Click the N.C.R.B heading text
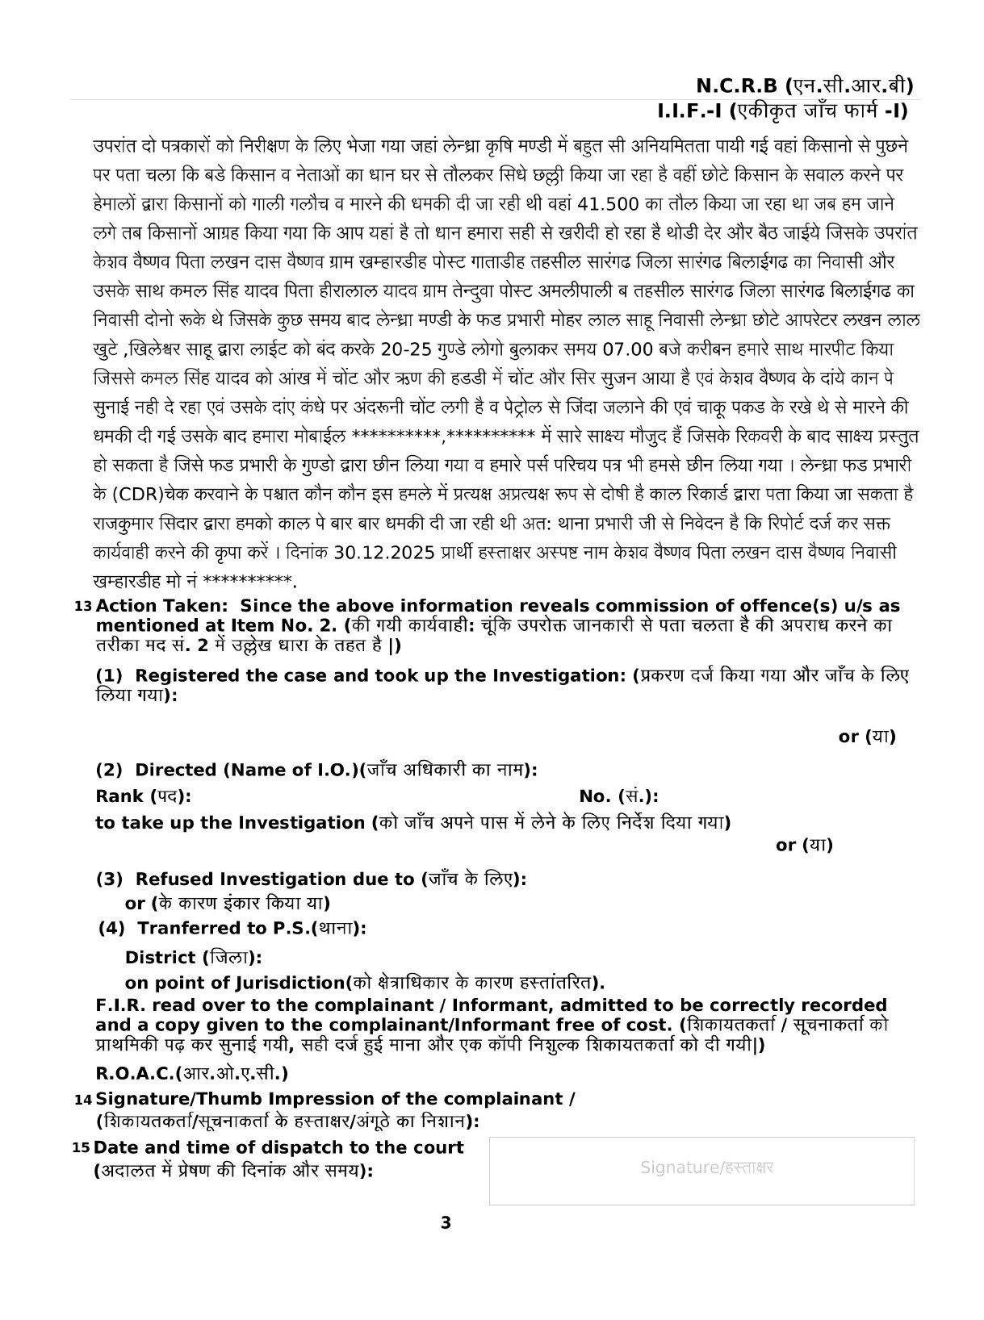[x=736, y=86]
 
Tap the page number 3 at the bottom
[x=446, y=1222]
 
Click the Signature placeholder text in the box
[x=706, y=1168]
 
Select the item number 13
[x=82, y=607]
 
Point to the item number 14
[x=82, y=1100]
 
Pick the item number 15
[x=82, y=1148]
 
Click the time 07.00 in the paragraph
[x=629, y=350]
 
